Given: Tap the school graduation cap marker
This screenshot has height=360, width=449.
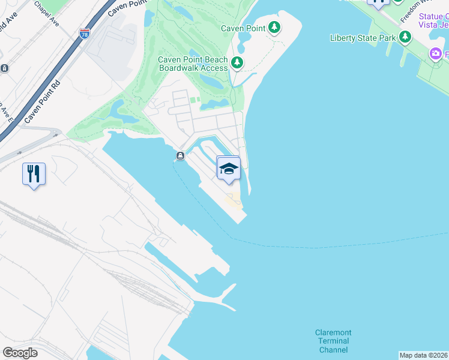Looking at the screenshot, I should click(228, 168).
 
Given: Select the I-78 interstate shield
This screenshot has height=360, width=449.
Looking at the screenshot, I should click(85, 34).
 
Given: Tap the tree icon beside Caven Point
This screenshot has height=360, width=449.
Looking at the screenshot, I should click(274, 27).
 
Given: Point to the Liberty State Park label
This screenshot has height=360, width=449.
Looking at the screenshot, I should click(363, 38).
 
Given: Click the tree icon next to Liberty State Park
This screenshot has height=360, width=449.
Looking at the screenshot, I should click(405, 37).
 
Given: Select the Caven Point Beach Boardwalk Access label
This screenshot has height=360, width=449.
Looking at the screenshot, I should click(193, 64).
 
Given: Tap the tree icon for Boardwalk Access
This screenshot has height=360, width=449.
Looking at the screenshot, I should click(237, 62).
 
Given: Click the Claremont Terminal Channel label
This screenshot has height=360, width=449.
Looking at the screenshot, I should click(333, 341).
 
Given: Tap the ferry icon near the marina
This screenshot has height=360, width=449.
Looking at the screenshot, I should click(179, 157).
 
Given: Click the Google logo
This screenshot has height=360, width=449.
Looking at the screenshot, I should click(20, 353).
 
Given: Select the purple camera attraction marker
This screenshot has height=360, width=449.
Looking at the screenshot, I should click(436, 55).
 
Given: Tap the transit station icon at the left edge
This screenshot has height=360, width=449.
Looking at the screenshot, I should click(4, 68).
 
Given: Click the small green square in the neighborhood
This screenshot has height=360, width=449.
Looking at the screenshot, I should click(193, 100).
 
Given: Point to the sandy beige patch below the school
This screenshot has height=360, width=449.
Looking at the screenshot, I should click(233, 200).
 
